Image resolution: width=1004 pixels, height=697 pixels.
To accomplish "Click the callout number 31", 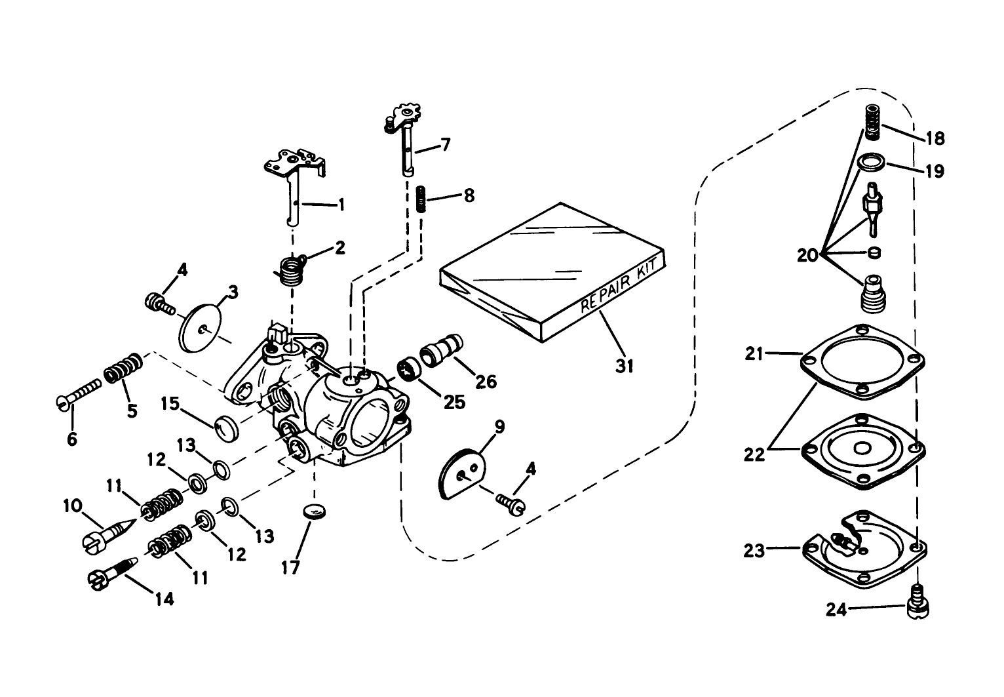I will pos(625,365).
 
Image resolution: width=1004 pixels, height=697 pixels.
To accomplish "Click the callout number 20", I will pos(808,254).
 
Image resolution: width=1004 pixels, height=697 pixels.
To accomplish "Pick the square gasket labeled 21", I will pos(864,361).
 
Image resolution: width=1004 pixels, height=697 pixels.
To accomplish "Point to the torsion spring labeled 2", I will pos(286,269).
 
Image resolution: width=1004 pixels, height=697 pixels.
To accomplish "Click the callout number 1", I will pos(340,205).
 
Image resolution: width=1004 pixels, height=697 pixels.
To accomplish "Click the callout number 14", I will pos(164,599).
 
